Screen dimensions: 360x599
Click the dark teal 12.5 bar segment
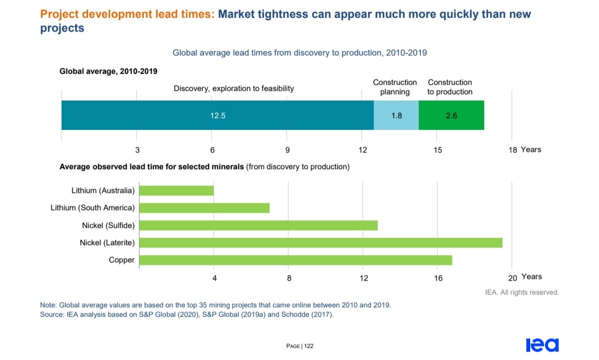[217, 115]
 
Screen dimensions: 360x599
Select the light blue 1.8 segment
[396, 115]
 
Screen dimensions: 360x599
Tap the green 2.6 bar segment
[451, 115]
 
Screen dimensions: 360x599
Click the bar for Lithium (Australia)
[176, 191]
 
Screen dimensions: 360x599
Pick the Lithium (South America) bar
[204, 208]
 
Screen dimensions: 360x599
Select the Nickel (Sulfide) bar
[258, 225]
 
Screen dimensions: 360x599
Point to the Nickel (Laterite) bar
[321, 242]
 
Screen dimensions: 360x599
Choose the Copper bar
[296, 260]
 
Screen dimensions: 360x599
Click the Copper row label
[121, 260]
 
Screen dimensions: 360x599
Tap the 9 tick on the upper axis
[287, 150]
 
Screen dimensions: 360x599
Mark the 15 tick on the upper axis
[438, 150]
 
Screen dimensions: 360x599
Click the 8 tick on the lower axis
[289, 277]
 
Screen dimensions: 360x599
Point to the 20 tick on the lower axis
[512, 277]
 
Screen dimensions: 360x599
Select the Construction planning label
[395, 87]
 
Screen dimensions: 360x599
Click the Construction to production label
[450, 87]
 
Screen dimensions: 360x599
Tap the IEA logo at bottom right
[542, 345]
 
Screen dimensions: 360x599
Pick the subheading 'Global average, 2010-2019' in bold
[108, 71]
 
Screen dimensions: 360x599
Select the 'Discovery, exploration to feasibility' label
[233, 88]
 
